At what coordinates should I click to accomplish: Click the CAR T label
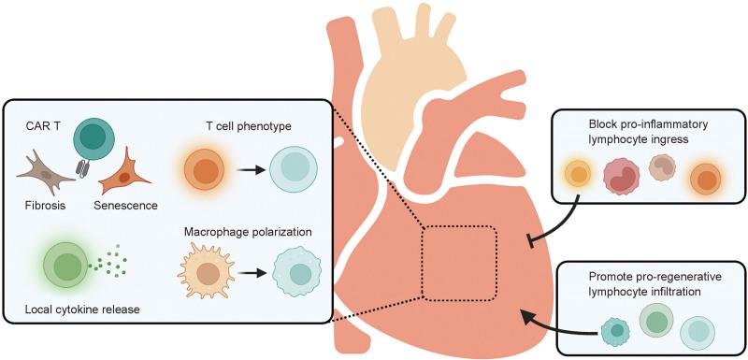point(42,125)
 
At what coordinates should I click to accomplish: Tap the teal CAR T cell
point(92,138)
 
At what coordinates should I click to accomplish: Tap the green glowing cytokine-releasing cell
point(65,266)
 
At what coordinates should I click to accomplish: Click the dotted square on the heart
point(458,264)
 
